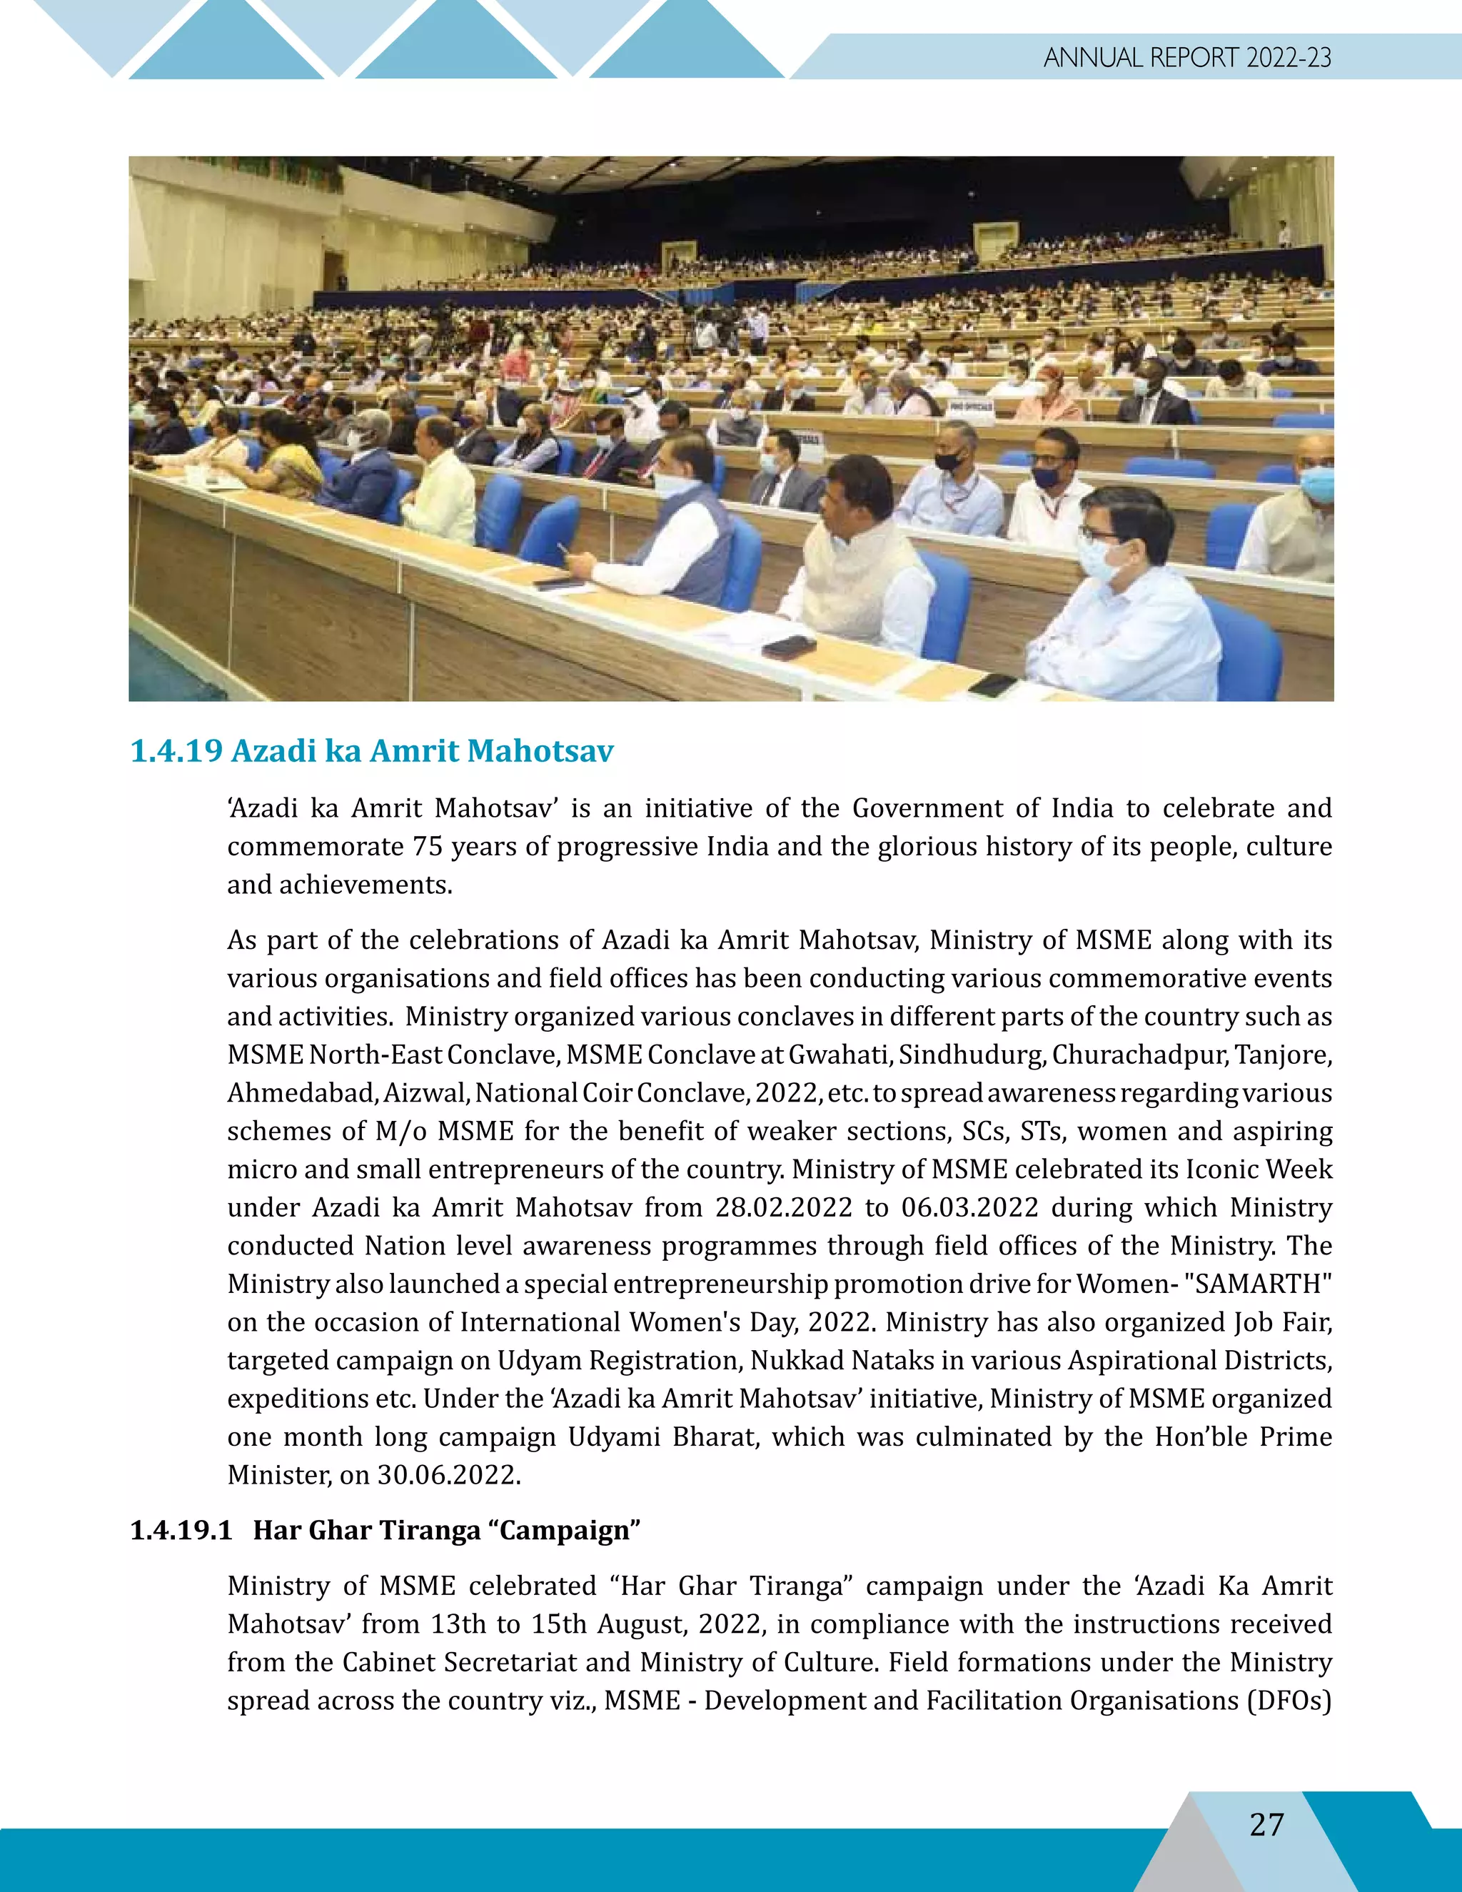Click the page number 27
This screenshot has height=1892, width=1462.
(x=1266, y=1823)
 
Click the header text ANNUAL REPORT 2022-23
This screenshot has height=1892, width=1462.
(x=1186, y=58)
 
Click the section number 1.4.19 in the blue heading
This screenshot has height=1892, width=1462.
(x=177, y=751)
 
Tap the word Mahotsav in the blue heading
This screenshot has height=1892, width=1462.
(x=540, y=751)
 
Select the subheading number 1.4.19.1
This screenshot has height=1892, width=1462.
(x=181, y=1530)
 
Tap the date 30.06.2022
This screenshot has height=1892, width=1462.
(x=448, y=1474)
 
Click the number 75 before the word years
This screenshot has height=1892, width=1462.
(x=428, y=846)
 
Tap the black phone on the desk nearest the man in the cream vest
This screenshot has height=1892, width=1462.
(x=787, y=646)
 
